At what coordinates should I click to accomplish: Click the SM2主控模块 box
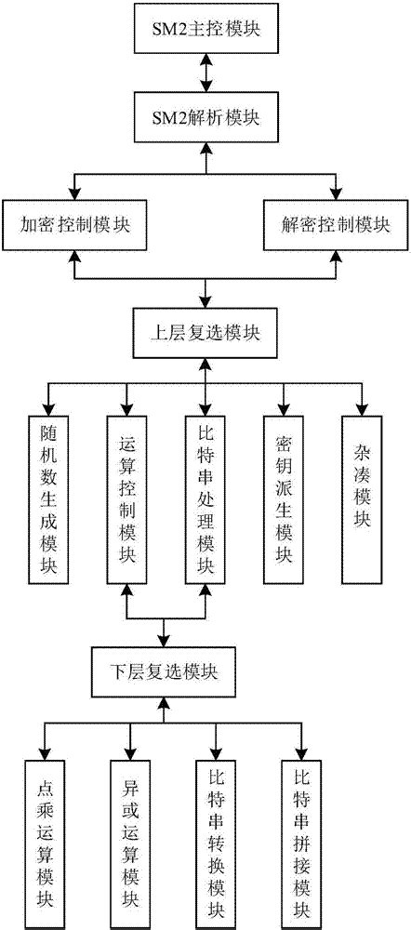coord(206,30)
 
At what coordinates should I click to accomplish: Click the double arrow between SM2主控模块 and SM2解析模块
coord(206,74)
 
